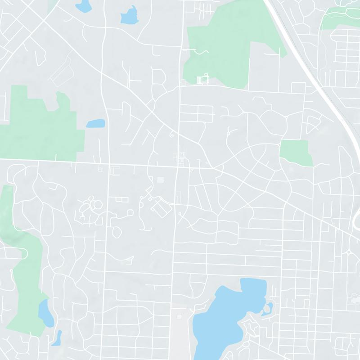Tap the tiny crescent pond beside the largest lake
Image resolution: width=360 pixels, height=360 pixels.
point(269,309)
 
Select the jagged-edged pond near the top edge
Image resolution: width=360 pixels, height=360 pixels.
point(129,16)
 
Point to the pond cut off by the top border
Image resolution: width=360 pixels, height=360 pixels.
point(83,5)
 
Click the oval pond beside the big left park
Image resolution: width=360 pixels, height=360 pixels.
point(95,123)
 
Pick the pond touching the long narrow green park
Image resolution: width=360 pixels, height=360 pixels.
point(45,313)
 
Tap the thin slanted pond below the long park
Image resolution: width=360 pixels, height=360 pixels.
point(57,337)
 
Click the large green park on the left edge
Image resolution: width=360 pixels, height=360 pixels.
point(40,121)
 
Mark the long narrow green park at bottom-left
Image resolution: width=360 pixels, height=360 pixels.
point(25,270)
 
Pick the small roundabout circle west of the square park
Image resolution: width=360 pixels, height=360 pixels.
point(229,132)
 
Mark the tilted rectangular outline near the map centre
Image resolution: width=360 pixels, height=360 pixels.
point(160,207)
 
